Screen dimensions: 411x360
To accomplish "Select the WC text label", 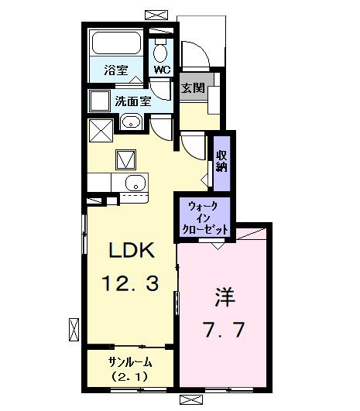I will pos(161,69).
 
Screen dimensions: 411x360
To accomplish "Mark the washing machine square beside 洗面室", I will pos(98,101).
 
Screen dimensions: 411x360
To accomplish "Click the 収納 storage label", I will pos(221,161).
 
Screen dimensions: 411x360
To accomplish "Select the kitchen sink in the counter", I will pos(134,183).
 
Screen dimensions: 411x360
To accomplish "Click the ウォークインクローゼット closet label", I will pos(204,217).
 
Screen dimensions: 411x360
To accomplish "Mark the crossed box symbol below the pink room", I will pos(190,399).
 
